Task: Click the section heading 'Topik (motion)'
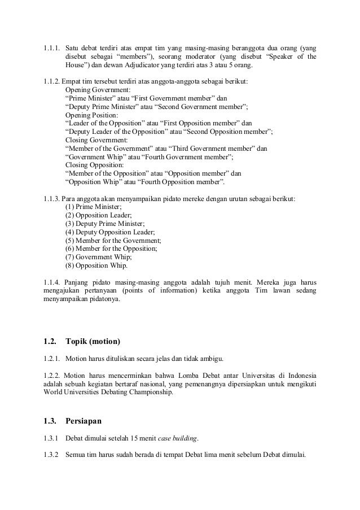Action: (x=93, y=341)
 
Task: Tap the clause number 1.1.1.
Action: (x=52, y=47)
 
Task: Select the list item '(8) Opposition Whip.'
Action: (x=96, y=265)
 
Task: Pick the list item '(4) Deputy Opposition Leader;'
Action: (x=110, y=232)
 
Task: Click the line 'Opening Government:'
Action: (x=98, y=89)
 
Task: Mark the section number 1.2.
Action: (x=50, y=341)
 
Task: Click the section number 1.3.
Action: (x=50, y=420)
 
